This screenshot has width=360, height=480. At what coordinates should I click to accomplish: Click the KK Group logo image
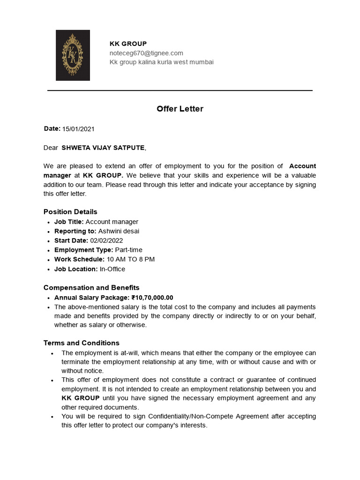73,55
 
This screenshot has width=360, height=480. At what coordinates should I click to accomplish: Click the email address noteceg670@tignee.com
146,53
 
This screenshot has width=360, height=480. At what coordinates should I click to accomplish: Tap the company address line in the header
161,62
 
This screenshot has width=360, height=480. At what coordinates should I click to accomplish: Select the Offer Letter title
180,109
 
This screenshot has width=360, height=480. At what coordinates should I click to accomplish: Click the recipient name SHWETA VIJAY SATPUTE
103,148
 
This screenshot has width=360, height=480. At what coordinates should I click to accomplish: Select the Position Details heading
70,212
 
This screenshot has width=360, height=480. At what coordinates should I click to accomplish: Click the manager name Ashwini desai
119,231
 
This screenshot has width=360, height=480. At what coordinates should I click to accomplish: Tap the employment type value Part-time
129,250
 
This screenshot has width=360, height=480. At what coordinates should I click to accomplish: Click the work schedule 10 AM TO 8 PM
131,259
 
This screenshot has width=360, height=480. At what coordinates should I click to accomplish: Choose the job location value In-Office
112,269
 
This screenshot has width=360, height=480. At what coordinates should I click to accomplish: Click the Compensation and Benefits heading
91,287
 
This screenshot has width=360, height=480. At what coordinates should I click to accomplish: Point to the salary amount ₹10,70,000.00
152,297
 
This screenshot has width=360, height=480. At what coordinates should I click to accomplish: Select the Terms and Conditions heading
82,343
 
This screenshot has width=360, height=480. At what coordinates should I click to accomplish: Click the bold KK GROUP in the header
128,44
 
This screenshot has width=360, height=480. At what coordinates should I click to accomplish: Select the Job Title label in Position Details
69,222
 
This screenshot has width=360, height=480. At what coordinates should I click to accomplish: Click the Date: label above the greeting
52,128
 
